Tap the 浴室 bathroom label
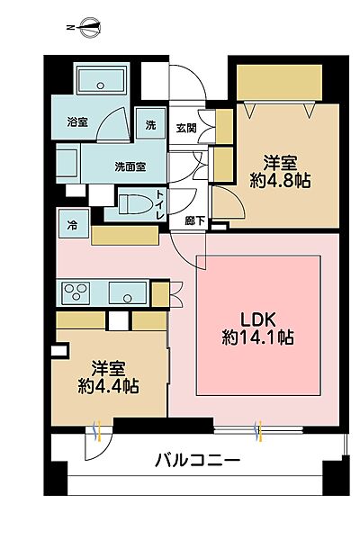click(76, 122)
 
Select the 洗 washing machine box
click(150, 125)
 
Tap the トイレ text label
click(160, 206)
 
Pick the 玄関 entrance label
click(186, 127)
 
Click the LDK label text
click(258, 320)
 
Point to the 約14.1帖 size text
click(259, 339)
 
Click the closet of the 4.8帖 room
click(280, 85)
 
